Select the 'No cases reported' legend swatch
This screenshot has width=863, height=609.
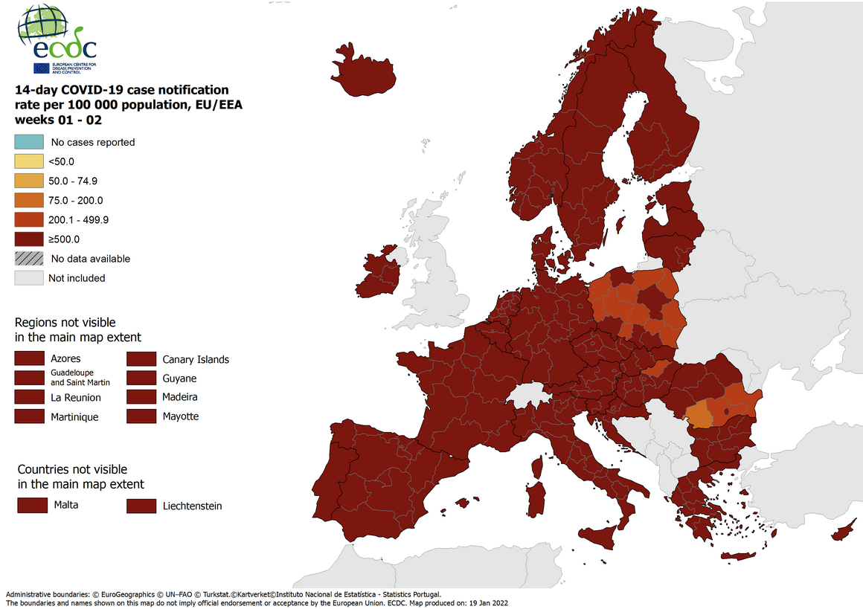[x=28, y=142]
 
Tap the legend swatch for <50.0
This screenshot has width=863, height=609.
[x=28, y=161]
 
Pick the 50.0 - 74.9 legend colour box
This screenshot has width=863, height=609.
[x=28, y=181]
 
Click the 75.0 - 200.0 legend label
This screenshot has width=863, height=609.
[x=75, y=200]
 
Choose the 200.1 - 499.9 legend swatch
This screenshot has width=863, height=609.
[x=28, y=219]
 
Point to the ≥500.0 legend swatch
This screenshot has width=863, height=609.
[x=28, y=239]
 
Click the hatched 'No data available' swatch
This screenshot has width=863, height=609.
[x=28, y=259]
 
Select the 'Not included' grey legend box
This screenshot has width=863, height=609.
[x=28, y=278]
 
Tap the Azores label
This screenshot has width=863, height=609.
[x=65, y=358]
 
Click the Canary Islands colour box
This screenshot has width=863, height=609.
[x=140, y=359]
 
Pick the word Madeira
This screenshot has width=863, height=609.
[x=179, y=397]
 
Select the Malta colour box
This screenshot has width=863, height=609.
[x=31, y=506]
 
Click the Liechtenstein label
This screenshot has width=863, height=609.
[x=192, y=506]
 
